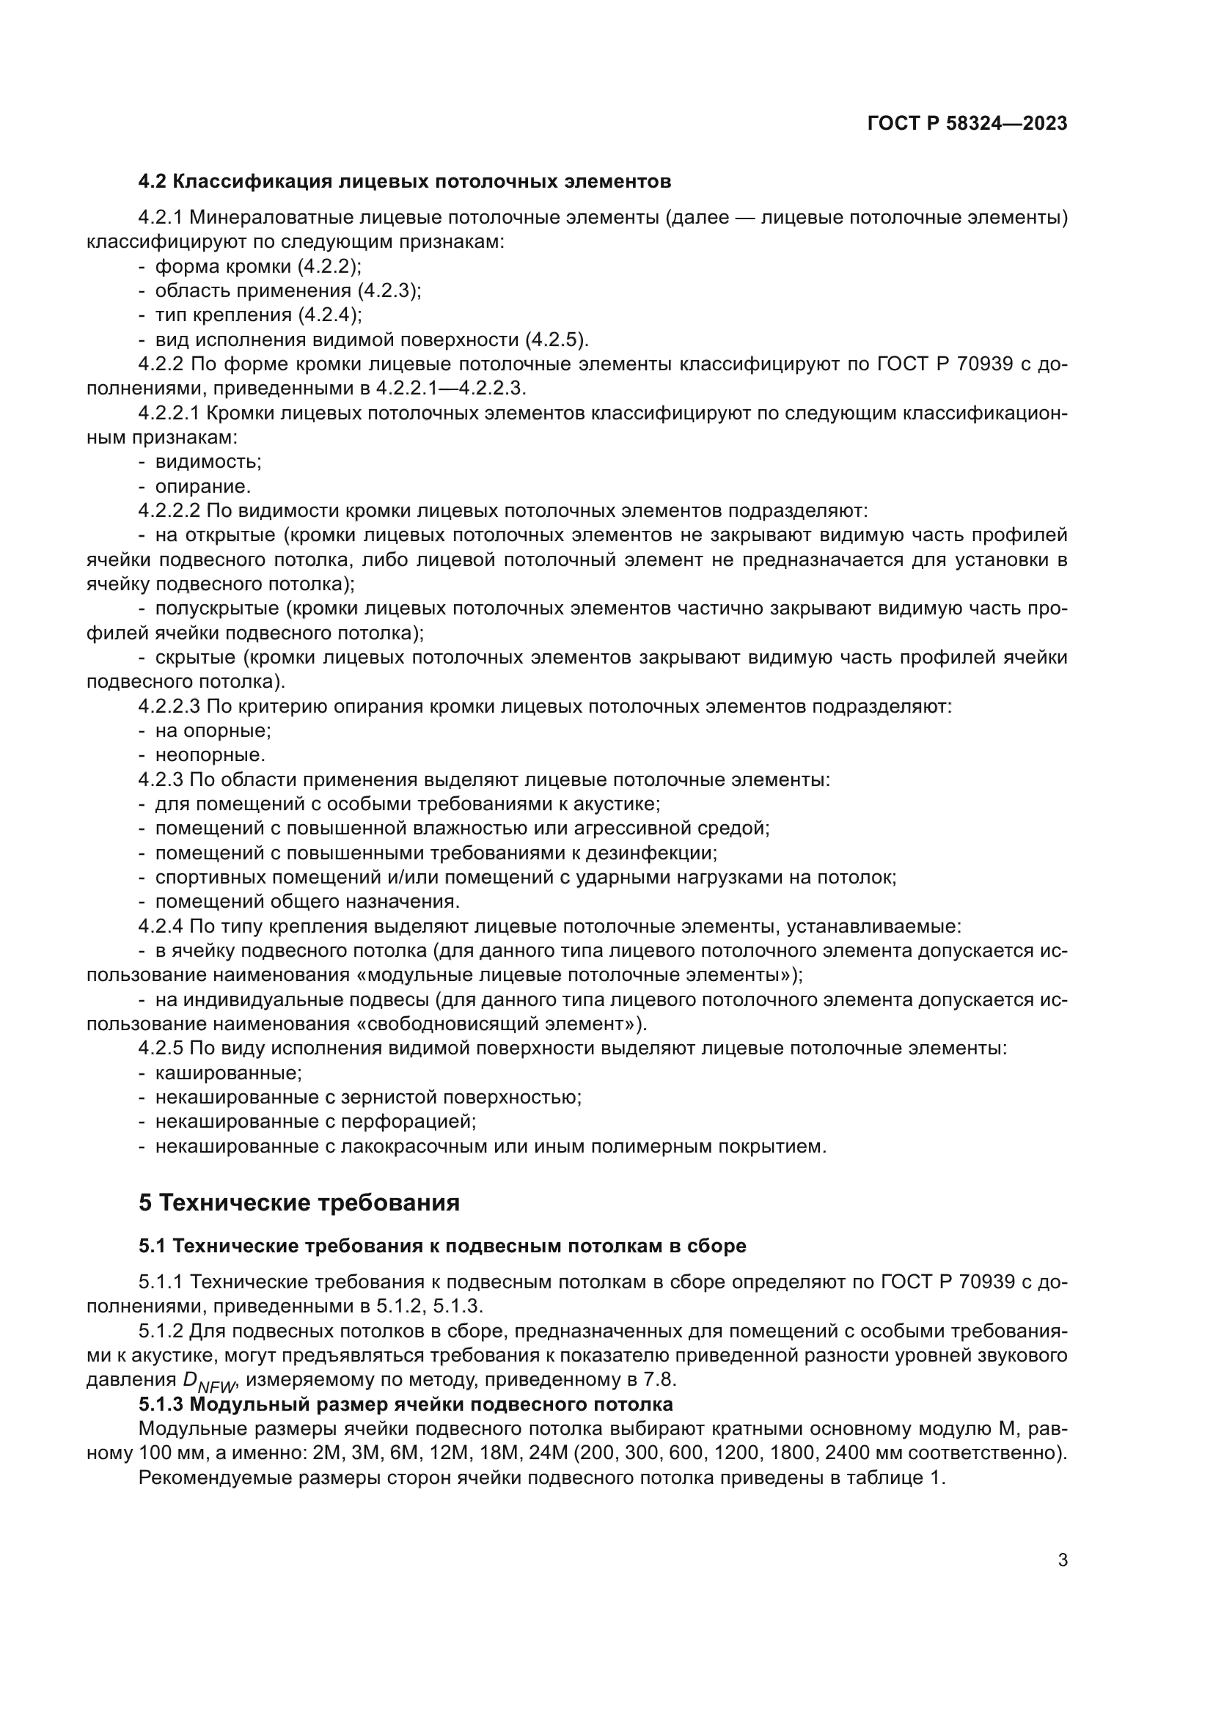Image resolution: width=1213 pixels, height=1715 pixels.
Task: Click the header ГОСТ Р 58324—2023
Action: [x=967, y=124]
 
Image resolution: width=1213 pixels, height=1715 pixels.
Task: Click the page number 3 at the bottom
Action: [x=1062, y=1560]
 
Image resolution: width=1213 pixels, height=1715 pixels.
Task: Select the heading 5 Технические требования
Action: [x=298, y=1203]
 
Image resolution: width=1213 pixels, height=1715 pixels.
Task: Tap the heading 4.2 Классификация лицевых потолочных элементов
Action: [x=404, y=182]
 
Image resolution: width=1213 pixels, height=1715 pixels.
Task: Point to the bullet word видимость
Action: [x=208, y=463]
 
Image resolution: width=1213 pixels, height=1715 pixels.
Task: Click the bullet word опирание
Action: [x=202, y=487]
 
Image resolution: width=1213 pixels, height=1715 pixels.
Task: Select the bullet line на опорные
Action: [x=212, y=730]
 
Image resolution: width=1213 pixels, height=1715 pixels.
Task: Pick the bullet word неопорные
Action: [x=210, y=755]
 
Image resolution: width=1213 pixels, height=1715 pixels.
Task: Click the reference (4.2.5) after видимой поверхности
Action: [x=556, y=341]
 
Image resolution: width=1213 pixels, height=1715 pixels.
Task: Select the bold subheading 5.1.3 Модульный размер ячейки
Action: [x=406, y=1404]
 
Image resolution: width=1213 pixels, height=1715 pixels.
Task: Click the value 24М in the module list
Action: [x=549, y=1453]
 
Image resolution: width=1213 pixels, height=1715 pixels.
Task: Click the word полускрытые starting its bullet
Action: [x=217, y=609]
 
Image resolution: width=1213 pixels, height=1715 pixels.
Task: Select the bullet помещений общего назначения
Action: [x=307, y=902]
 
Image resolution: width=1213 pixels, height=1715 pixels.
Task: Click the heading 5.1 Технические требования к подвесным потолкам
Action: [x=442, y=1246]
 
